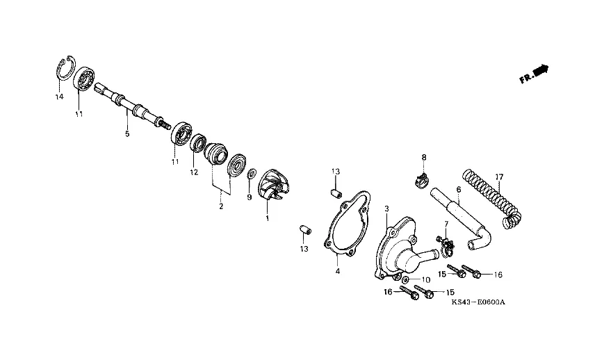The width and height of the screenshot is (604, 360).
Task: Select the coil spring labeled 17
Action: click(x=492, y=198)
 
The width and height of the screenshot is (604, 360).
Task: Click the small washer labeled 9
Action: click(x=252, y=173)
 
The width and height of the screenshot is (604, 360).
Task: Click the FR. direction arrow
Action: click(x=534, y=74)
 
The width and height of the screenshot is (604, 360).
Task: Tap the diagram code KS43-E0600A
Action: click(x=478, y=302)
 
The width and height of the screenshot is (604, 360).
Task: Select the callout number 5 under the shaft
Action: click(x=127, y=134)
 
